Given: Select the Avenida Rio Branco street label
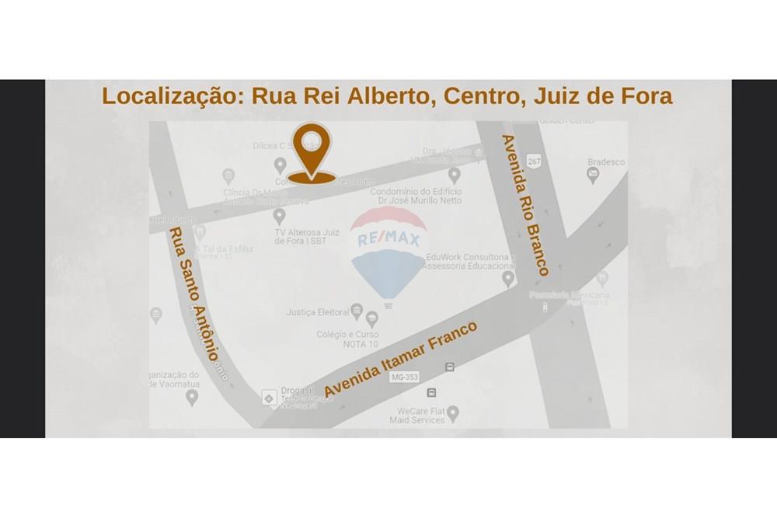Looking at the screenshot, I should pos(524,205).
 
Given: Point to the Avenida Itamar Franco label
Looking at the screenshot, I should pos(401,358).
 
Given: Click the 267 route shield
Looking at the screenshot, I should pos(534,162).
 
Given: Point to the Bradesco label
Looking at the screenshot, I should pos(606,162).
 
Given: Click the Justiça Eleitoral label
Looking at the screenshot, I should pos(317,312).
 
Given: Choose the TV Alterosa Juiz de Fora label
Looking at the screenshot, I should pos(307,236).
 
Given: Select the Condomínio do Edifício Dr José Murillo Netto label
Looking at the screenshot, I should pos(416,196).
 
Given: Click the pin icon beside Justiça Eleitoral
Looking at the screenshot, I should pos(357,311).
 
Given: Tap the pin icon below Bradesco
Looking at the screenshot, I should pos(593,176).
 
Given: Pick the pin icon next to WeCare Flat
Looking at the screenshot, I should pos(453,412).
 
